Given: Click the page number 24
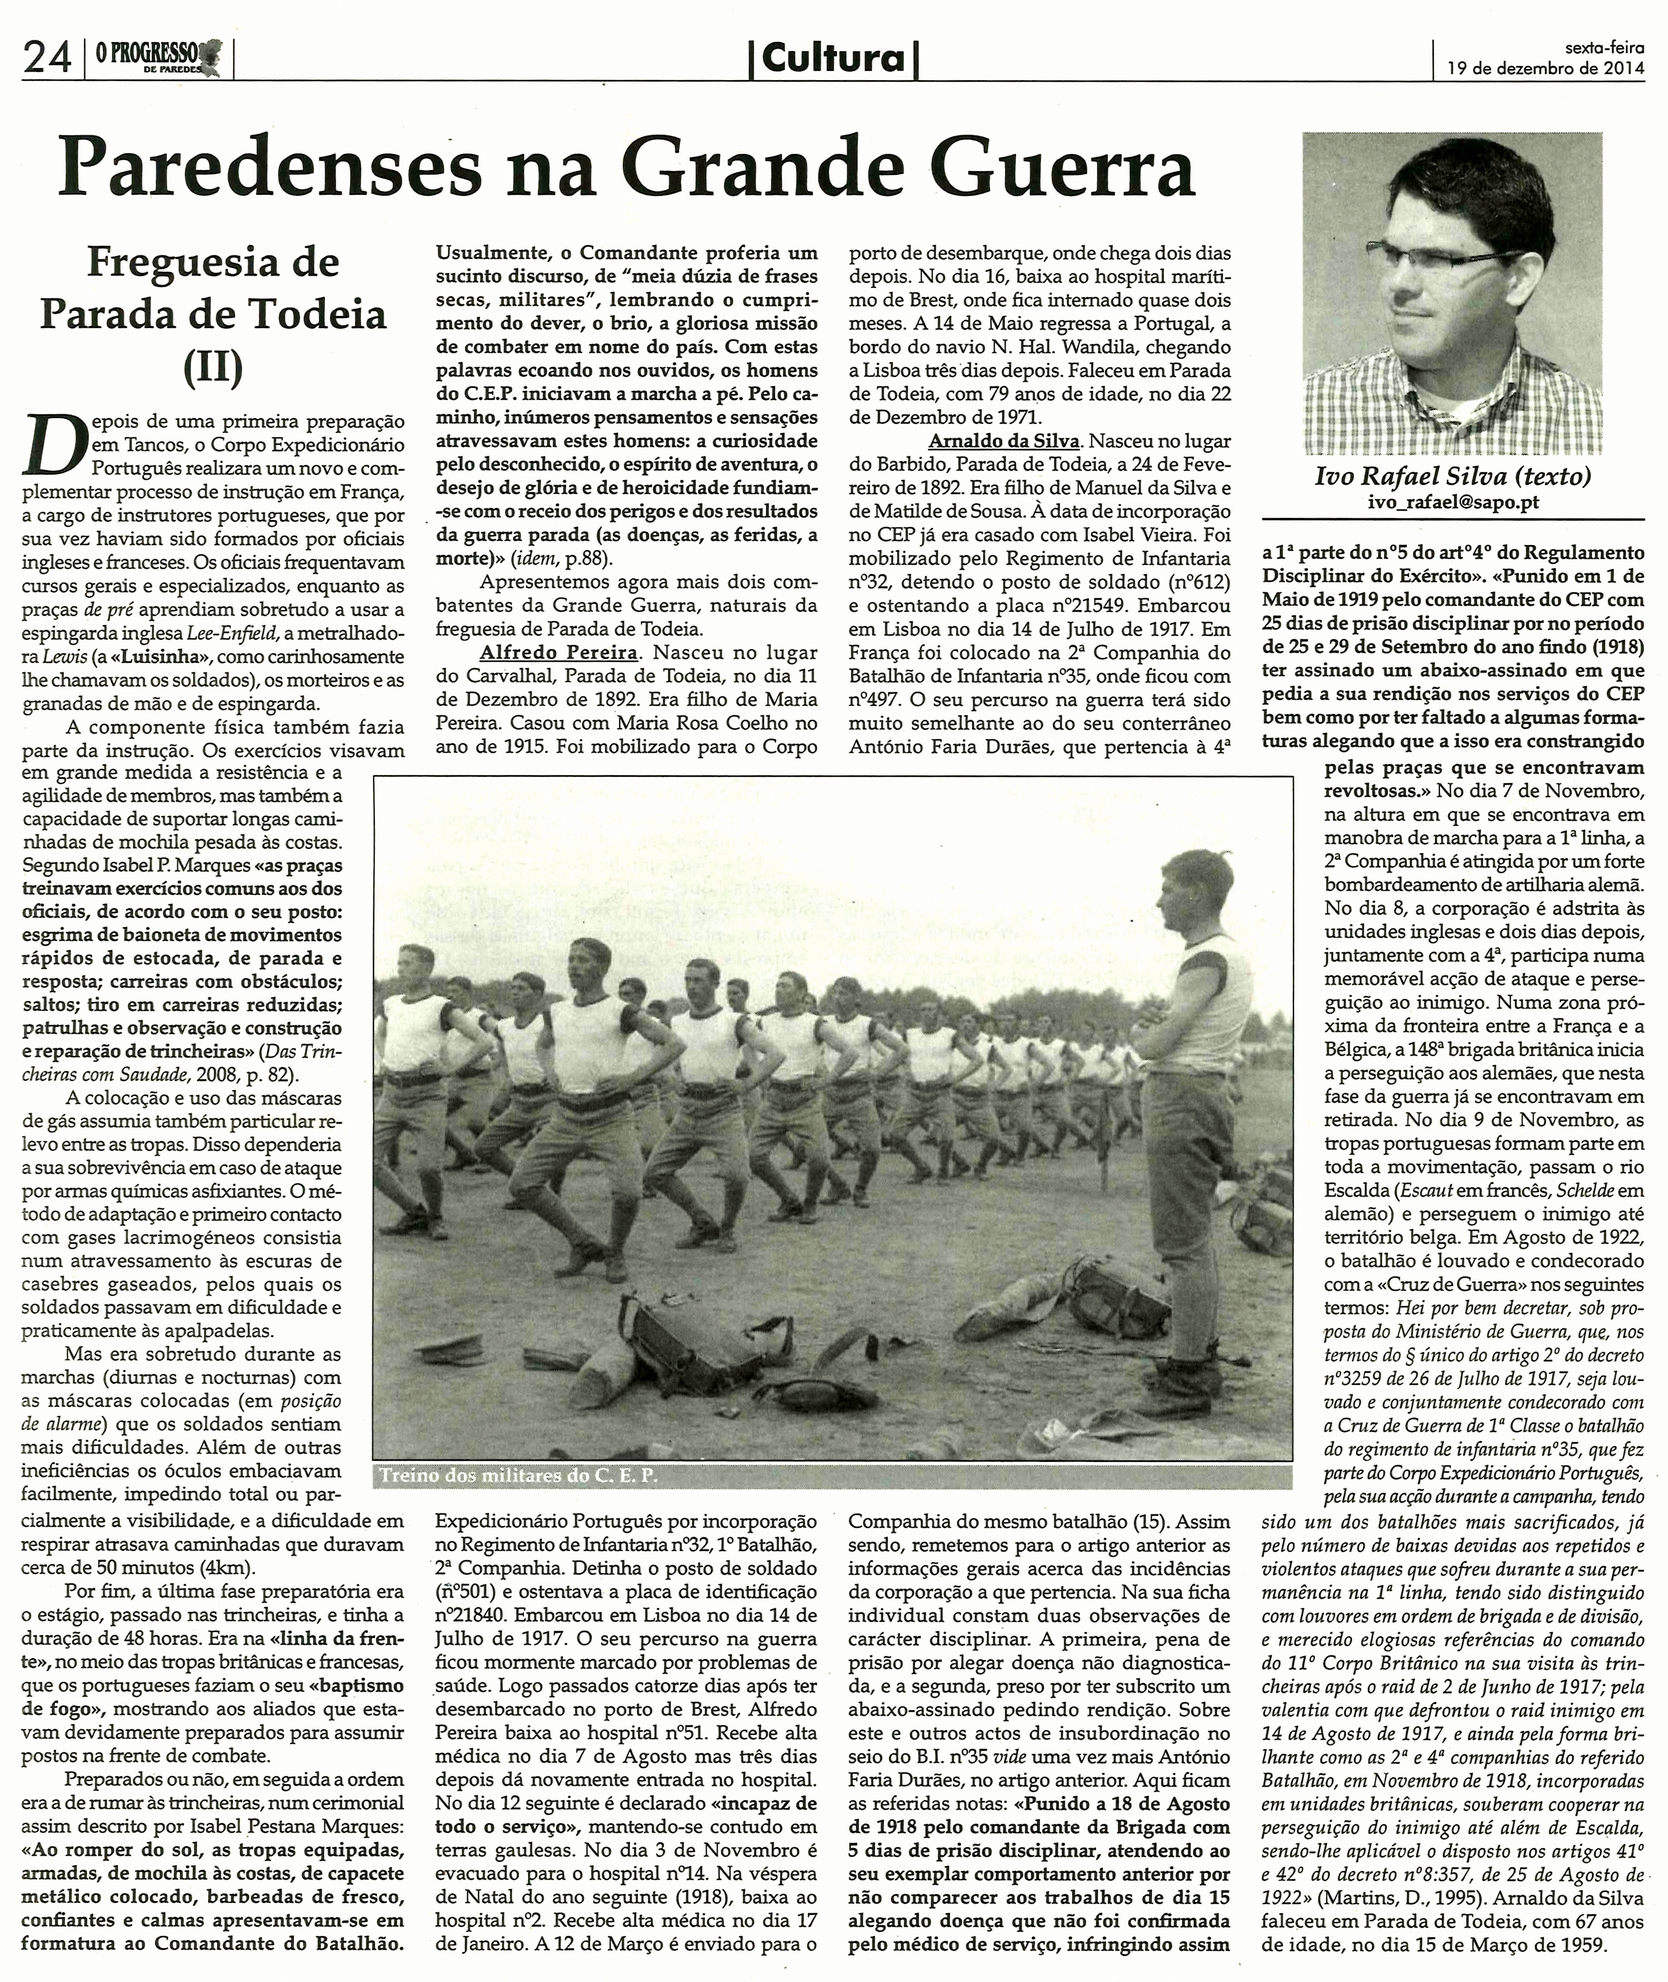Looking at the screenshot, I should pos(47,59).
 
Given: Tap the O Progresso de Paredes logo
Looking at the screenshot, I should pos(157,59).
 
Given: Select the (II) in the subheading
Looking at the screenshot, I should pos(213,367).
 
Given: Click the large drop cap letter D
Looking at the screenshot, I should pos(52,444).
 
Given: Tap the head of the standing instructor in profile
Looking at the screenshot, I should pos(1187,883).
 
